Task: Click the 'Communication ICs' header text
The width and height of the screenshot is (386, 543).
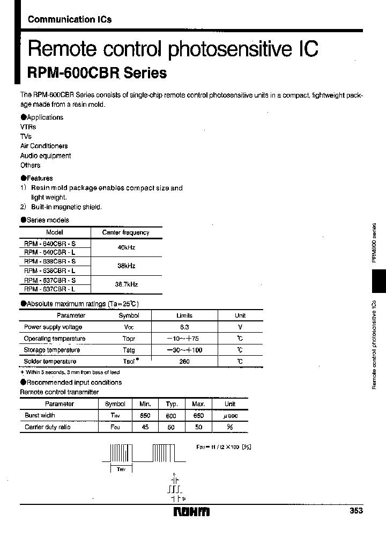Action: [70, 19]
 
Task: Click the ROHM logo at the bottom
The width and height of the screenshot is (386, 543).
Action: [192, 511]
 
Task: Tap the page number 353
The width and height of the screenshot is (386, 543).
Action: [355, 511]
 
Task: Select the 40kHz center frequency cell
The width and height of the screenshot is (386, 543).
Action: [126, 248]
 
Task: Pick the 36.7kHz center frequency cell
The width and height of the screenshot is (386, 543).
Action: [126, 284]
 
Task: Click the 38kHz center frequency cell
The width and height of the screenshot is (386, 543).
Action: [126, 266]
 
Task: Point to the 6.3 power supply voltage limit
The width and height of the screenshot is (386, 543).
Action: [184, 327]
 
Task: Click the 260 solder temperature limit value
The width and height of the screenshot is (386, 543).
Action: [184, 362]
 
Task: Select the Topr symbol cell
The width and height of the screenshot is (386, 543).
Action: [129, 339]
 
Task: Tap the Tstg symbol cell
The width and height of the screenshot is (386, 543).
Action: [129, 350]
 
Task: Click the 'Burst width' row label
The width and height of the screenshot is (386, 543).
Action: [40, 415]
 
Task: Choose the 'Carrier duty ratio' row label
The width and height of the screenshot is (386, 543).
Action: [48, 427]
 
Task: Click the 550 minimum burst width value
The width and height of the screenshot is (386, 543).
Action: [145, 415]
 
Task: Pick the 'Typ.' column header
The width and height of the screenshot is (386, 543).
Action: [172, 404]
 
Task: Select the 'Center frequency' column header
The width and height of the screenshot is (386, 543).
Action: [125, 232]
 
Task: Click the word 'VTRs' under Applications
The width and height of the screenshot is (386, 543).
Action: [28, 127]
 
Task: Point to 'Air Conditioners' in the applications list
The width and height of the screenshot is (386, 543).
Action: [44, 146]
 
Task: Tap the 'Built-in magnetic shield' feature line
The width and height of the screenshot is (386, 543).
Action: [66, 207]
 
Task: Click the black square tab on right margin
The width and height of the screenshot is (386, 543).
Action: [378, 281]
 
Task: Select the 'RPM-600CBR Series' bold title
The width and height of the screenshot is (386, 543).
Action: [97, 72]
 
